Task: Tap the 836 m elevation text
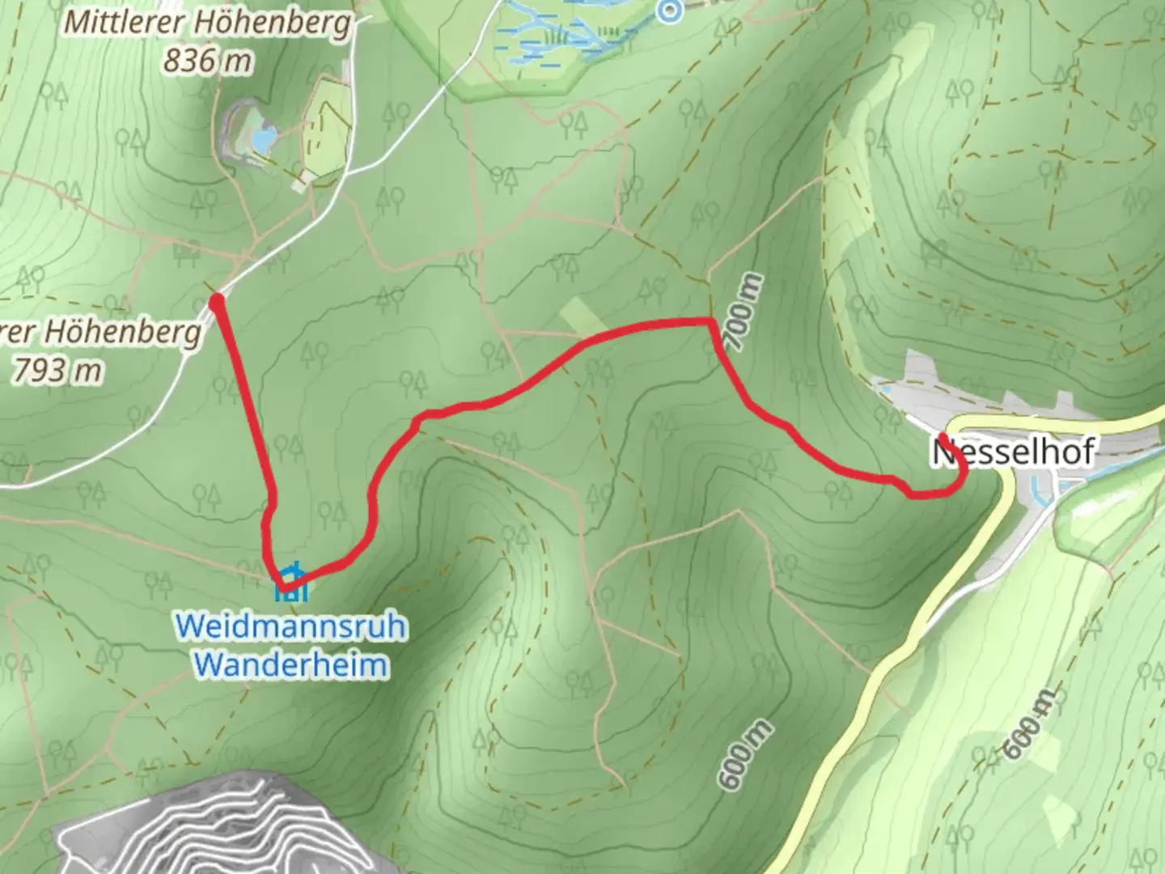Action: [207, 60]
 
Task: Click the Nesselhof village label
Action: [1015, 451]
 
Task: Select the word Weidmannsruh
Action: [290, 627]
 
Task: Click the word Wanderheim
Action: [291, 664]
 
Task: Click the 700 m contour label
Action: [745, 312]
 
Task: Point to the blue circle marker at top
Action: [669, 11]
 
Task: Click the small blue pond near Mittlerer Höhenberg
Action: [263, 140]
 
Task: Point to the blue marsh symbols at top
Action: [558, 36]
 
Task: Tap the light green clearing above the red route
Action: [580, 316]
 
